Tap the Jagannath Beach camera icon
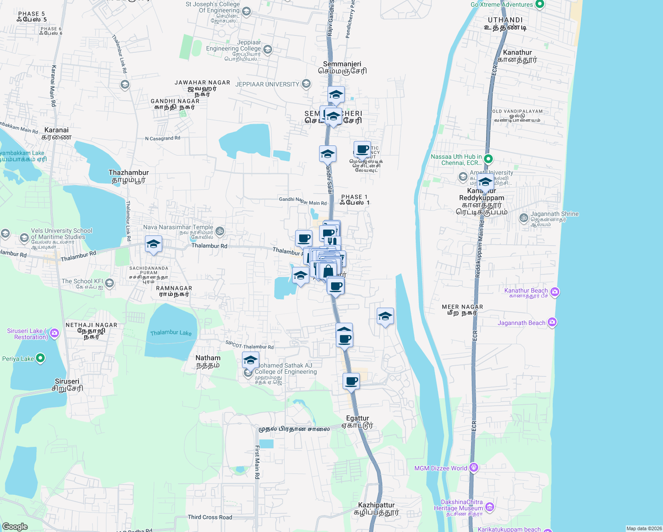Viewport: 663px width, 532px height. pyautogui.click(x=552, y=322)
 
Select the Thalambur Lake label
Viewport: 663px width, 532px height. pyautogui.click(x=171, y=332)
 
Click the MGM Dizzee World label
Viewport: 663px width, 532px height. pyautogui.click(x=441, y=468)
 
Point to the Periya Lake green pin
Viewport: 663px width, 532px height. pyautogui.click(x=40, y=358)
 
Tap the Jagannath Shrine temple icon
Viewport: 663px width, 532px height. pyautogui.click(x=524, y=217)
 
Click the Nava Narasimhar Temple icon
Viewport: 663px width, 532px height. pyautogui.click(x=220, y=231)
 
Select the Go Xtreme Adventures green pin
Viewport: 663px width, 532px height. pyautogui.click(x=539, y=4)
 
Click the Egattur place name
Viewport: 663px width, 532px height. pyautogui.click(x=357, y=418)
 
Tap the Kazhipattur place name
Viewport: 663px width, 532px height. pyautogui.click(x=376, y=505)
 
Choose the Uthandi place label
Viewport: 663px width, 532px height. pyautogui.click(x=505, y=20)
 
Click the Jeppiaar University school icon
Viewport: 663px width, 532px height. pyautogui.click(x=306, y=84)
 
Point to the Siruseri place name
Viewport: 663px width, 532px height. pyautogui.click(x=67, y=381)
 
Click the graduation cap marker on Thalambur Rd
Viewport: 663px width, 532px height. pyautogui.click(x=153, y=244)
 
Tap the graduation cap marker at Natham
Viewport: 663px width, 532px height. pyautogui.click(x=250, y=360)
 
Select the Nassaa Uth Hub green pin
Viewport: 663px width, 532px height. pyautogui.click(x=488, y=158)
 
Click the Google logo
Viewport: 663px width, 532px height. pyautogui.click(x=15, y=526)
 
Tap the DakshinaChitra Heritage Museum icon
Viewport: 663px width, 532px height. pyautogui.click(x=490, y=506)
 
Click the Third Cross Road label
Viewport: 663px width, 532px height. pyautogui.click(x=210, y=517)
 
